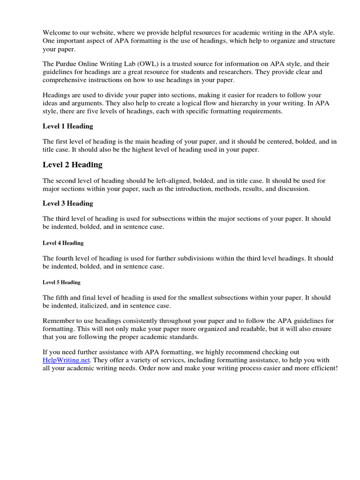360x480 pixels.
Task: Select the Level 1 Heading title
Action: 68,126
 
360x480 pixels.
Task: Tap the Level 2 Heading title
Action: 72,165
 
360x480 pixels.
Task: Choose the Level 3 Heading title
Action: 68,203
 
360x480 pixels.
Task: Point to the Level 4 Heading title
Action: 63,243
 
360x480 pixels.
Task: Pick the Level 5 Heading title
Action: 61,282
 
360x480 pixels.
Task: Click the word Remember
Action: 59,321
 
